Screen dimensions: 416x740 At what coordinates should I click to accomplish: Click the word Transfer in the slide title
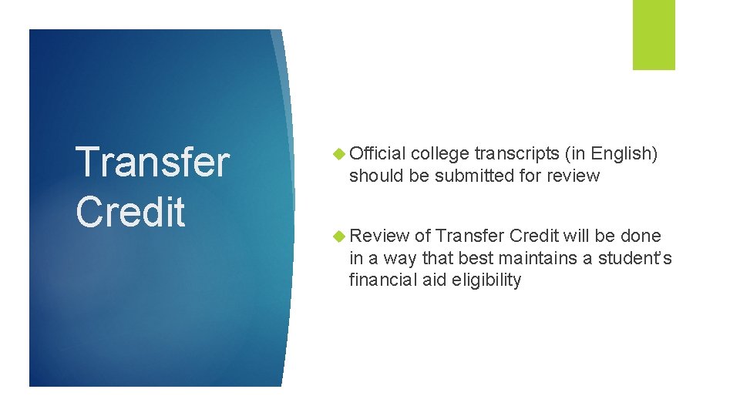(153, 162)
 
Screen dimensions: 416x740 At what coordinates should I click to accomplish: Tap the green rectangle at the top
(654, 35)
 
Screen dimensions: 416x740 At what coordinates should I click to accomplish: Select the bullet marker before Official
(340, 154)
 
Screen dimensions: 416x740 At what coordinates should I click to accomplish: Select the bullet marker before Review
(340, 237)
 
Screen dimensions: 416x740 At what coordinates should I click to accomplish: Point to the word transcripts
(516, 154)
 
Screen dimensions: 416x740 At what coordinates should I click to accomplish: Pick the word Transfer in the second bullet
(469, 236)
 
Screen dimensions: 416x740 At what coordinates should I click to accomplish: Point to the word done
(641, 236)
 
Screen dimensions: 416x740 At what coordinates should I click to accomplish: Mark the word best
(475, 258)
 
